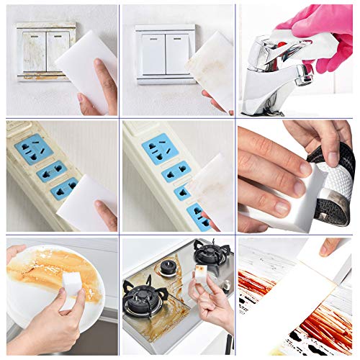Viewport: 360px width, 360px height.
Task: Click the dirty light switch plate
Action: point(43,50)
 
